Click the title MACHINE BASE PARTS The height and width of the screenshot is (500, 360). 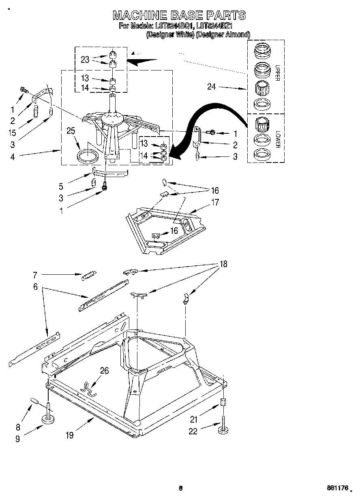point(179,15)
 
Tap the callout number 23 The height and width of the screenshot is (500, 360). point(85,59)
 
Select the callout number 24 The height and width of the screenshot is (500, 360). point(211,86)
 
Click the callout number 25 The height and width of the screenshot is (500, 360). point(71,130)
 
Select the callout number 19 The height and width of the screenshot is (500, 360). point(70,435)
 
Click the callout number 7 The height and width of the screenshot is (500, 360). point(35,275)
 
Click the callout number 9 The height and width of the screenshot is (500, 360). point(17,438)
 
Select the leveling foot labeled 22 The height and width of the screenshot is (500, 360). point(223,429)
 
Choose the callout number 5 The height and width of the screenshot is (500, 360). point(61,187)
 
